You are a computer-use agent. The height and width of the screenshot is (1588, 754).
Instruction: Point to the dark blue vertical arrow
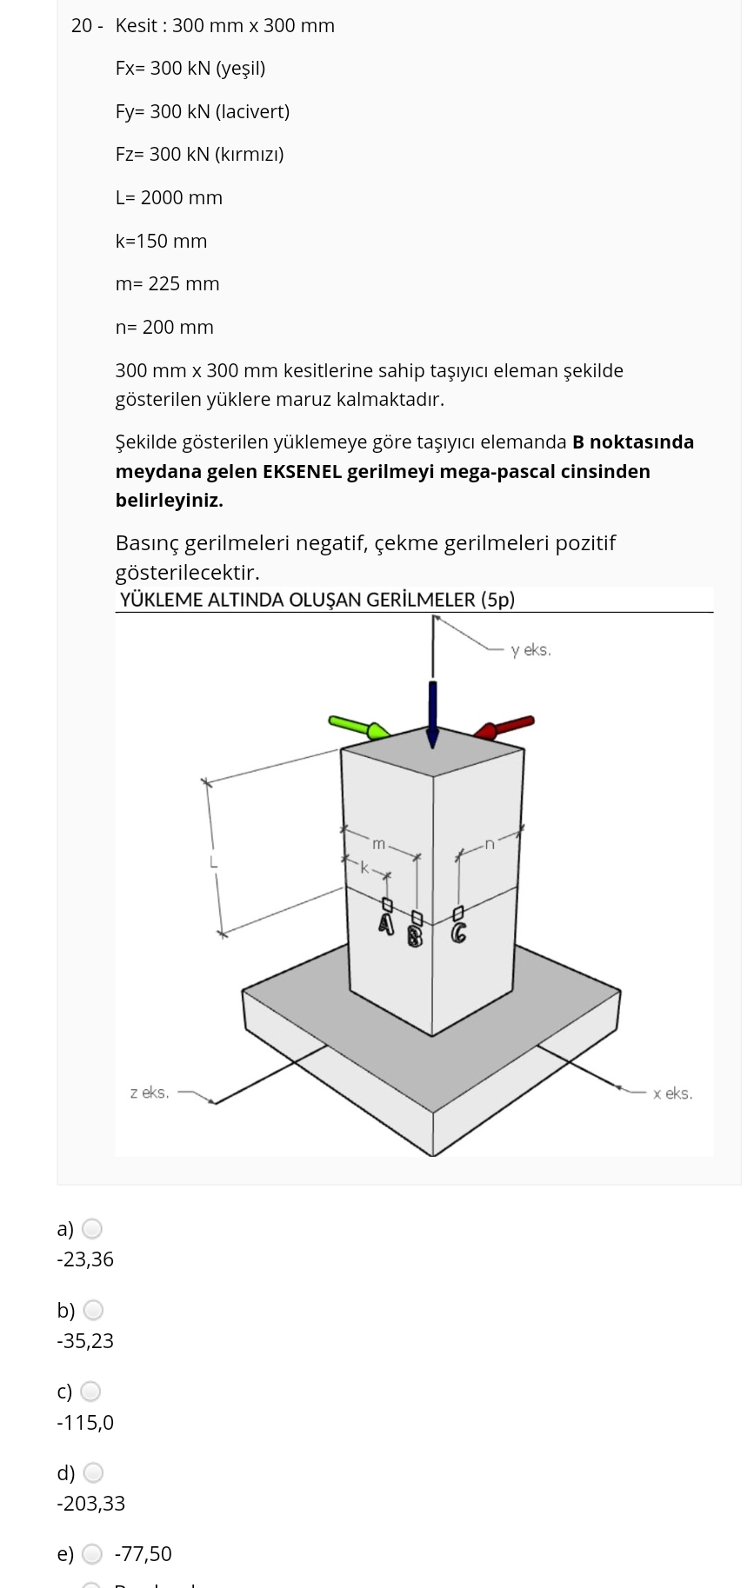pos(432,713)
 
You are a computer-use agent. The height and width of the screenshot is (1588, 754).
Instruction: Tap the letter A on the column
pos(387,923)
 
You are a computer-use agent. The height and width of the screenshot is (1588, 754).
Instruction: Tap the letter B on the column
pos(416,936)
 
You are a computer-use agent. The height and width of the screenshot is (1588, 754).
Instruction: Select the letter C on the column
pos(458,934)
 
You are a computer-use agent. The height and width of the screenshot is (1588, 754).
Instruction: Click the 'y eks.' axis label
pos(530,650)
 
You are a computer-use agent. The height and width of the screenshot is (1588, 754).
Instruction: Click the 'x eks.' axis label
pos(672,1093)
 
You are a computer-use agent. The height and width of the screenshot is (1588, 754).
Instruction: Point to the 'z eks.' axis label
pos(150,1093)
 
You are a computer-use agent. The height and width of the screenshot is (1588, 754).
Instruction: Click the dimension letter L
pos(212,863)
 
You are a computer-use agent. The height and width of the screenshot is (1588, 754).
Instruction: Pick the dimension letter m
pos(378,844)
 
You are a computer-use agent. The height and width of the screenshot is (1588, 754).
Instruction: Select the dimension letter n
pos(490,843)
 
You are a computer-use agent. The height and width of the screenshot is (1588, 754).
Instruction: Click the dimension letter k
pos(365,867)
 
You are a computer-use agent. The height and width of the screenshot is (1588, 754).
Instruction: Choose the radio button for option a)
pos(92,1229)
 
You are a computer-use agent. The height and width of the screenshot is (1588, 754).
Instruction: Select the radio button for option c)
pos(91,1392)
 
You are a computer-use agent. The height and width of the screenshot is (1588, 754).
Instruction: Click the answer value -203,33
pos(91,1504)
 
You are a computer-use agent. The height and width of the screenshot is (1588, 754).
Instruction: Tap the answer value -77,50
pos(143,1554)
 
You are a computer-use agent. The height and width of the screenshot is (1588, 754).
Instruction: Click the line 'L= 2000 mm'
pos(169,198)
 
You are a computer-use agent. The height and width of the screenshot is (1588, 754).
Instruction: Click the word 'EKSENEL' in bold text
pos(301,472)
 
